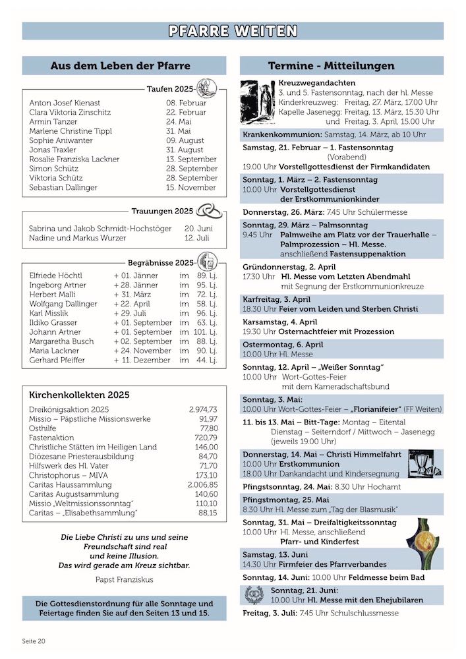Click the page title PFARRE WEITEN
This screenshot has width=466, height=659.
coord(233,31)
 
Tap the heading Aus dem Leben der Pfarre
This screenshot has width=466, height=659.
coord(120,66)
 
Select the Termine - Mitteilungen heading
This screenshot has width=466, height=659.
coord(332,66)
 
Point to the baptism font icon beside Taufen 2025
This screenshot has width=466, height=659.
coord(206,88)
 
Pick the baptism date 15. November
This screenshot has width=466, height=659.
coord(187,188)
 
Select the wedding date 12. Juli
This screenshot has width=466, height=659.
coord(197,238)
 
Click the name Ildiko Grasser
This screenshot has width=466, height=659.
coord(53,323)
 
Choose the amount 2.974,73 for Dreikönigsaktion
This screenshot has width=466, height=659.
coord(203,410)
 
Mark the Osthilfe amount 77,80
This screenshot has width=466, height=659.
coord(208,428)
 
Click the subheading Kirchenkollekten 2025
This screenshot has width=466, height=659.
coord(79,395)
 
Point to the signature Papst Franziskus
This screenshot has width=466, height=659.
coord(124,579)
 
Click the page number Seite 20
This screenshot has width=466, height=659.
coord(34,641)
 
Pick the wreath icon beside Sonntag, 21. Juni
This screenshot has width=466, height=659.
coord(254,595)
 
